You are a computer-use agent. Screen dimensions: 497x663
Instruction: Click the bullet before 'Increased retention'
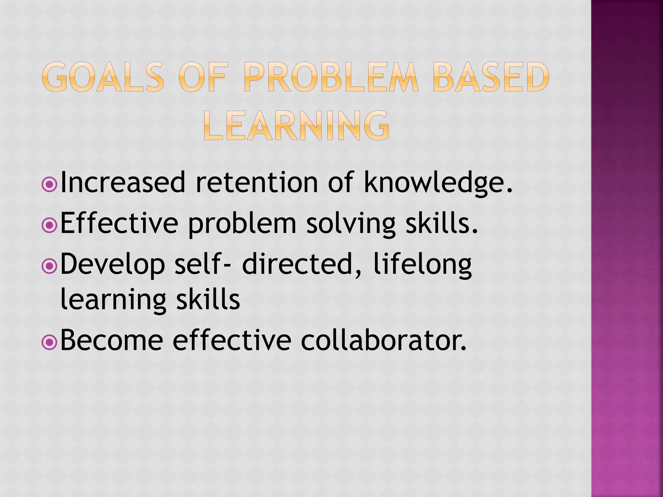(50, 184)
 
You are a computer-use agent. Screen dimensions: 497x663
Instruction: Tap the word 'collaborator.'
(384, 340)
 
